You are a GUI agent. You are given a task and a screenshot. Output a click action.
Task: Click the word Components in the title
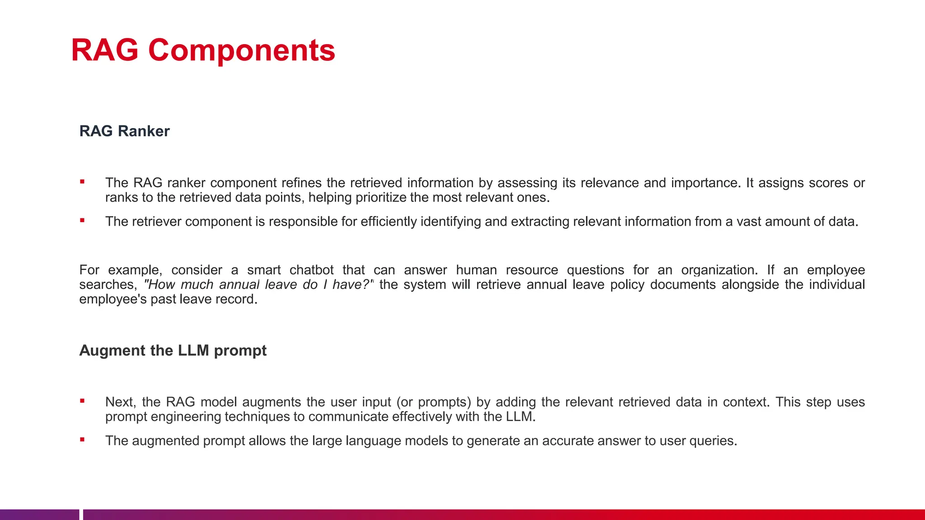pyautogui.click(x=242, y=51)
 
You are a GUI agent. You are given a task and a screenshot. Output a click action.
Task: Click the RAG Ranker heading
pyautogui.click(x=124, y=131)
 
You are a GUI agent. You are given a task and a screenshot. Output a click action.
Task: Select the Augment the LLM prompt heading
pyautogui.click(x=173, y=350)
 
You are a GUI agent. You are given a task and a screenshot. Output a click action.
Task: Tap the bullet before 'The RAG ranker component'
pyautogui.click(x=82, y=182)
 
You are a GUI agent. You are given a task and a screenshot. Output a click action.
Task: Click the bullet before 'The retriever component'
pyautogui.click(x=82, y=221)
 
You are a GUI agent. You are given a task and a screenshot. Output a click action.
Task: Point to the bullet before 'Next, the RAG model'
pyautogui.click(x=82, y=401)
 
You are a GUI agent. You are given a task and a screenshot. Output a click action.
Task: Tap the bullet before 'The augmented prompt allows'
pyautogui.click(x=82, y=440)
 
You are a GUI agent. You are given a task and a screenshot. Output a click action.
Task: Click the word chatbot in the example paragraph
pyautogui.click(x=311, y=270)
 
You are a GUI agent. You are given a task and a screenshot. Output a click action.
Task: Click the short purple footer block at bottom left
pyautogui.click(x=39, y=515)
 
